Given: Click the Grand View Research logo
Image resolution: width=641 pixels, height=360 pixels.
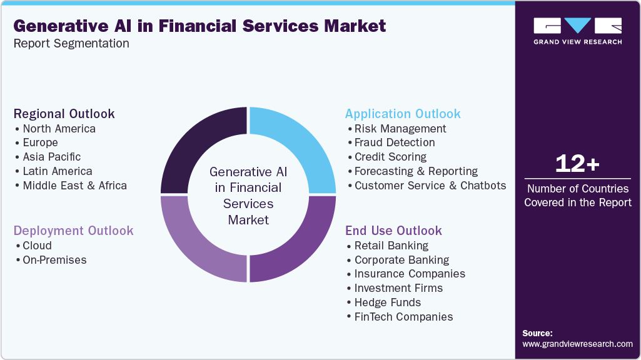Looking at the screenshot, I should (x=577, y=31).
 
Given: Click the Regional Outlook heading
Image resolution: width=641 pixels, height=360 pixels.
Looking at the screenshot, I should (x=64, y=114).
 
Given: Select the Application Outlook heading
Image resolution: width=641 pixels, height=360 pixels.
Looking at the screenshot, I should (x=403, y=114).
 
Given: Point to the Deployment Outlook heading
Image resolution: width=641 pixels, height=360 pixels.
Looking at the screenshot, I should (x=73, y=231).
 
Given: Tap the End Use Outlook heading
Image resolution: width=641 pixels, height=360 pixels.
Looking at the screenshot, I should (x=393, y=231).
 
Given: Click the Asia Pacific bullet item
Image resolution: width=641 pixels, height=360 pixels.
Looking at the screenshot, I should (x=51, y=157).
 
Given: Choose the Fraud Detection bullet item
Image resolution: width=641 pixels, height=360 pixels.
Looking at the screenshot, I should (x=394, y=142).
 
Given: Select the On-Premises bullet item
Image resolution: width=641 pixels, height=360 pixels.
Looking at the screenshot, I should (x=54, y=260).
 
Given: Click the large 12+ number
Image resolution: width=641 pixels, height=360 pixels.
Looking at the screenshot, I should (x=577, y=164).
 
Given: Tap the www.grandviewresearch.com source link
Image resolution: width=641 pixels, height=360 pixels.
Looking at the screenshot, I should (x=577, y=344).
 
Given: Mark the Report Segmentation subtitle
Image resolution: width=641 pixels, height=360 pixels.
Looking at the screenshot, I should (x=71, y=44).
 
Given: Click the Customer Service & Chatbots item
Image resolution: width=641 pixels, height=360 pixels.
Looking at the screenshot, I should (x=430, y=186).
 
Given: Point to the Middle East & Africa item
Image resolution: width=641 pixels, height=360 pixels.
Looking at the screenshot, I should (x=74, y=186).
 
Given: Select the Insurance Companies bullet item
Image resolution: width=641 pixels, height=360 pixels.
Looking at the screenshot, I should (x=410, y=274).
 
